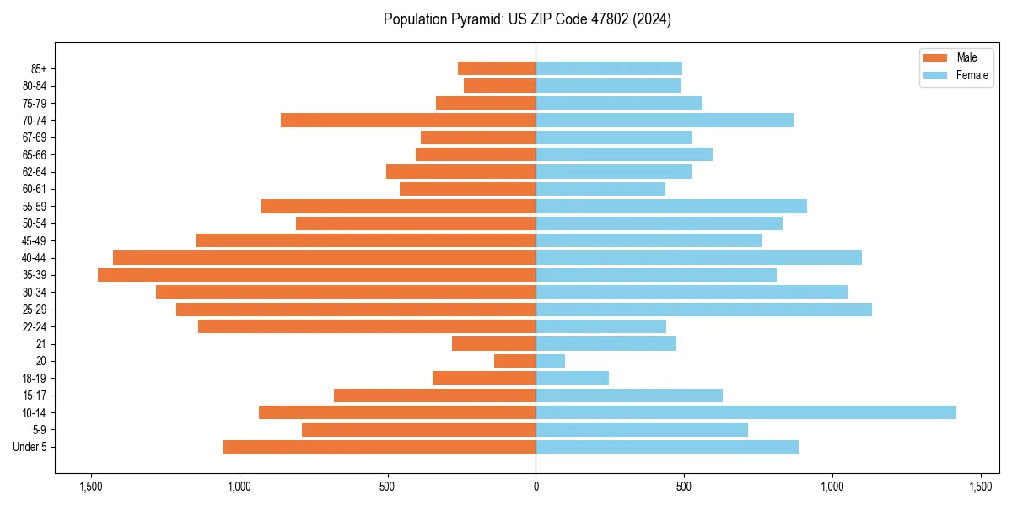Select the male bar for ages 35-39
pyautogui.click(x=316, y=275)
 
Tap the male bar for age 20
pyautogui.click(x=514, y=361)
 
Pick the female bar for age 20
pyautogui.click(x=550, y=361)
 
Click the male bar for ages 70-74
pyautogui.click(x=408, y=120)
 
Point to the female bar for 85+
pyautogui.click(x=609, y=68)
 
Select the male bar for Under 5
pyautogui.click(x=379, y=447)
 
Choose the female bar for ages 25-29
pyautogui.click(x=703, y=310)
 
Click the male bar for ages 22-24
pyautogui.click(x=367, y=326)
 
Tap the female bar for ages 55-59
pyautogui.click(x=671, y=206)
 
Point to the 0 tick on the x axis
pyautogui.click(x=536, y=487)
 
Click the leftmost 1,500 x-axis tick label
pyautogui.click(x=90, y=487)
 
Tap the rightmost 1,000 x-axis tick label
pyautogui.click(x=832, y=487)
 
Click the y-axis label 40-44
pyautogui.click(x=34, y=258)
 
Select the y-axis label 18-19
pyautogui.click(x=34, y=379)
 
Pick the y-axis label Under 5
pyautogui.click(x=30, y=447)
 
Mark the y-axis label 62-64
pyautogui.click(x=34, y=172)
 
